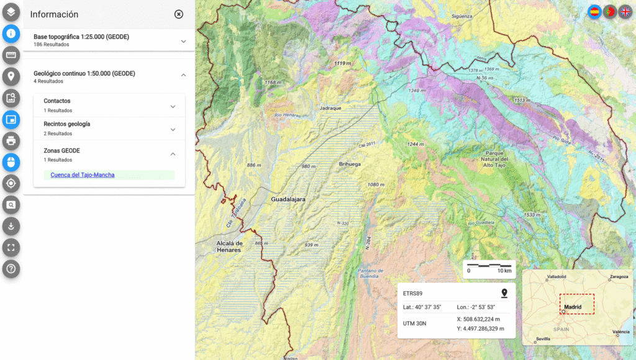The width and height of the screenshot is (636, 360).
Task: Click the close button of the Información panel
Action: (179, 14)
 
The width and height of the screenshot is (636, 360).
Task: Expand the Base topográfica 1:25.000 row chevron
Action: (183, 42)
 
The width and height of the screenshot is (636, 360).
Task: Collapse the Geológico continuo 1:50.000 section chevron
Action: (183, 75)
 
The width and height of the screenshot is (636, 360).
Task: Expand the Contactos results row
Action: (173, 106)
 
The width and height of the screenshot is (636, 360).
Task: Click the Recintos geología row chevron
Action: (173, 129)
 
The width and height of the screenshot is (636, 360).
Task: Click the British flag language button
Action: (625, 12)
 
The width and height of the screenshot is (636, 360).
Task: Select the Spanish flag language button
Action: (594, 12)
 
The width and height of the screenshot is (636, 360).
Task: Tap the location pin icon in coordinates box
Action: (504, 293)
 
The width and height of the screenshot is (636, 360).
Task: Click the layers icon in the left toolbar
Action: (11, 11)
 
